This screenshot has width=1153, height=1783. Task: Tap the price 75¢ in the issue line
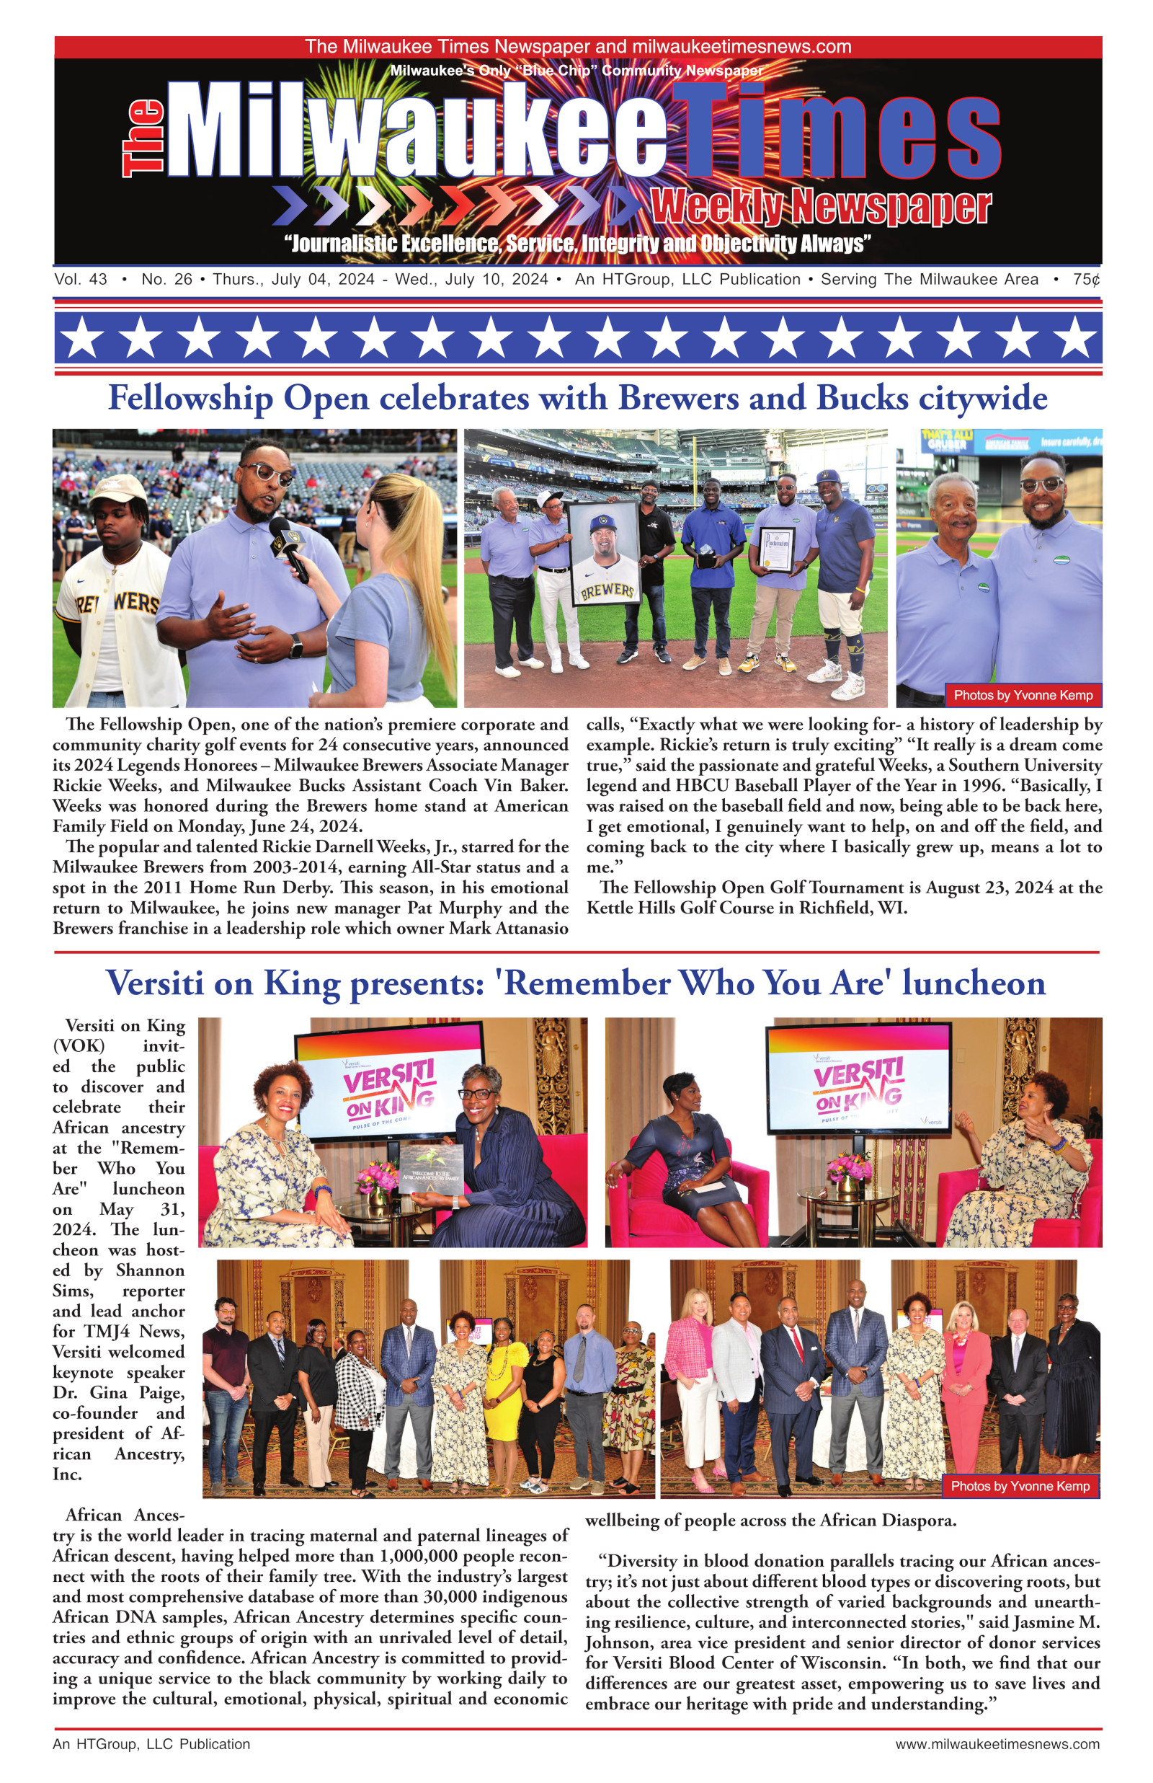point(1085,279)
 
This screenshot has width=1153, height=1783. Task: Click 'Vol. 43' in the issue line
point(80,279)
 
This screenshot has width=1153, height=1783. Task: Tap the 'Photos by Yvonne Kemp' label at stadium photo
point(1023,695)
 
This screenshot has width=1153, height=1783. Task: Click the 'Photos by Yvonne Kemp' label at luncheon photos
point(1020,1486)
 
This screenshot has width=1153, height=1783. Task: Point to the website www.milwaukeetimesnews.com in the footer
point(997,1744)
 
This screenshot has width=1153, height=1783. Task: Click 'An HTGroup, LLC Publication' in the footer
point(151,1744)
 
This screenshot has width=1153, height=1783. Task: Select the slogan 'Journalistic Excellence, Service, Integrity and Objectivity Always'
point(577,244)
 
